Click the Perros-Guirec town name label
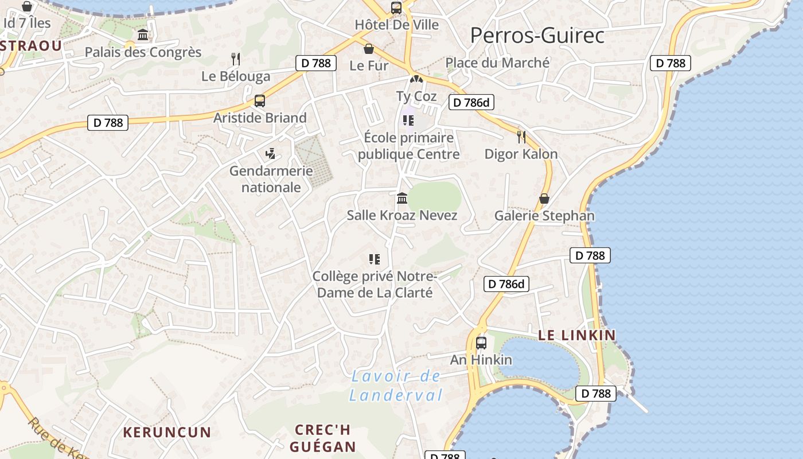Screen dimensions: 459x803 537,36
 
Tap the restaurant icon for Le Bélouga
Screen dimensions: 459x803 235,59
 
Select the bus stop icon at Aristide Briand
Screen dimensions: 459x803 260,101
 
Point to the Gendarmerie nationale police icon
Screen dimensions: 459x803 271,153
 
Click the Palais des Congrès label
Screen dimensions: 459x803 143,52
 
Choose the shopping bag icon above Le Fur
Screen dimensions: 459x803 369,49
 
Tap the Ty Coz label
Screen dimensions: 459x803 416,96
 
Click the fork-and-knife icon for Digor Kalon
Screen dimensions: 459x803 521,137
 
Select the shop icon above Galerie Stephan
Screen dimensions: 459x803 544,199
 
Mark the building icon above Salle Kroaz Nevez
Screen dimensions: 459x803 402,199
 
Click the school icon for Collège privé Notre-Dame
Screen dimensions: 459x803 375,259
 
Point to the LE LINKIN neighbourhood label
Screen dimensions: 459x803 577,335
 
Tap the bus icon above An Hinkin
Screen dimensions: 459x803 481,343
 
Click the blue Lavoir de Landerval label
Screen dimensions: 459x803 396,386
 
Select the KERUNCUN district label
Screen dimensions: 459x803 167,432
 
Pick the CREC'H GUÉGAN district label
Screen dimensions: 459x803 322,438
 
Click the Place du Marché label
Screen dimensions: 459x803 497,63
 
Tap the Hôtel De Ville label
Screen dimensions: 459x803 397,25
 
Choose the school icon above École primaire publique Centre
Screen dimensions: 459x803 408,120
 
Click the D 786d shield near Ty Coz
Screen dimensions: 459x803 472,103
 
